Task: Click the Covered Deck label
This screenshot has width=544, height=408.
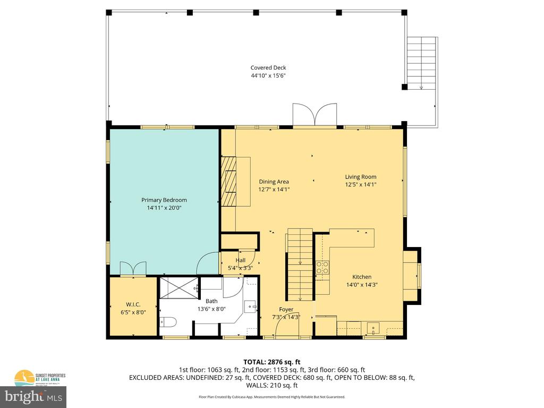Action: pyautogui.click(x=268, y=67)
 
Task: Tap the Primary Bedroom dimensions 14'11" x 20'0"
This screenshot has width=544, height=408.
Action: pyautogui.click(x=164, y=208)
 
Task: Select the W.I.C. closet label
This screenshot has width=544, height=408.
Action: pyautogui.click(x=133, y=304)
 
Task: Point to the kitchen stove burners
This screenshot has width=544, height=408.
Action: pyautogui.click(x=322, y=267)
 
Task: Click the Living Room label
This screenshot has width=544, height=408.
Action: pyautogui.click(x=361, y=177)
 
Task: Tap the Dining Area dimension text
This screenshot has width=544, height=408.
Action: pyautogui.click(x=274, y=189)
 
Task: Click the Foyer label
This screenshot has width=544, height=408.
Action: pyautogui.click(x=286, y=309)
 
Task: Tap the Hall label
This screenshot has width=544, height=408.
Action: pyautogui.click(x=241, y=260)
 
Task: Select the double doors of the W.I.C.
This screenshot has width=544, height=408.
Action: pyautogui.click(x=133, y=268)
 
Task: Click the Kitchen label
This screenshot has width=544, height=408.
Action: pyautogui.click(x=362, y=277)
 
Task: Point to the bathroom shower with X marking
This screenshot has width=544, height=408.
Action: pyautogui.click(x=178, y=288)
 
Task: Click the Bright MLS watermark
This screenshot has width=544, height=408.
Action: pyautogui.click(x=34, y=396)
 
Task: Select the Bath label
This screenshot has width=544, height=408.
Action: pyautogui.click(x=211, y=301)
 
